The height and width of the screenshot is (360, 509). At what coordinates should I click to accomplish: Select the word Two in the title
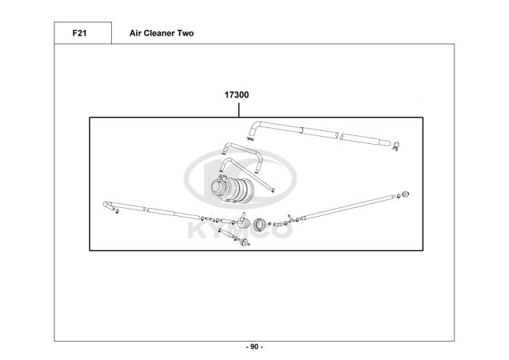pyautogui.click(x=185, y=33)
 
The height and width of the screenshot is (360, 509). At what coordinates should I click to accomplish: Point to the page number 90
pyautogui.click(x=254, y=346)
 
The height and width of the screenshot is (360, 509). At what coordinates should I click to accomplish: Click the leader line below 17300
pyautogui.click(x=239, y=109)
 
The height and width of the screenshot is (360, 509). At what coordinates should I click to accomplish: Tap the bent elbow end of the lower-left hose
pyautogui.click(x=108, y=205)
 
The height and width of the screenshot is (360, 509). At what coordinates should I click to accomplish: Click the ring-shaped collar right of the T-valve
pyautogui.click(x=260, y=223)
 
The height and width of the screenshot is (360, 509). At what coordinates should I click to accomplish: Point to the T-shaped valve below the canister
pyautogui.click(x=244, y=220)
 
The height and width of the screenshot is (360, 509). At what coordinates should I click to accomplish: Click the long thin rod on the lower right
pyautogui.click(x=349, y=205)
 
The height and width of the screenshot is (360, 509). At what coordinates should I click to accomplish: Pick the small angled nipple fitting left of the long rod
pyautogui.click(x=290, y=217)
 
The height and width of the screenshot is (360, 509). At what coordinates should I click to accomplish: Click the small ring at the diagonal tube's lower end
pyautogui.click(x=270, y=191)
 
